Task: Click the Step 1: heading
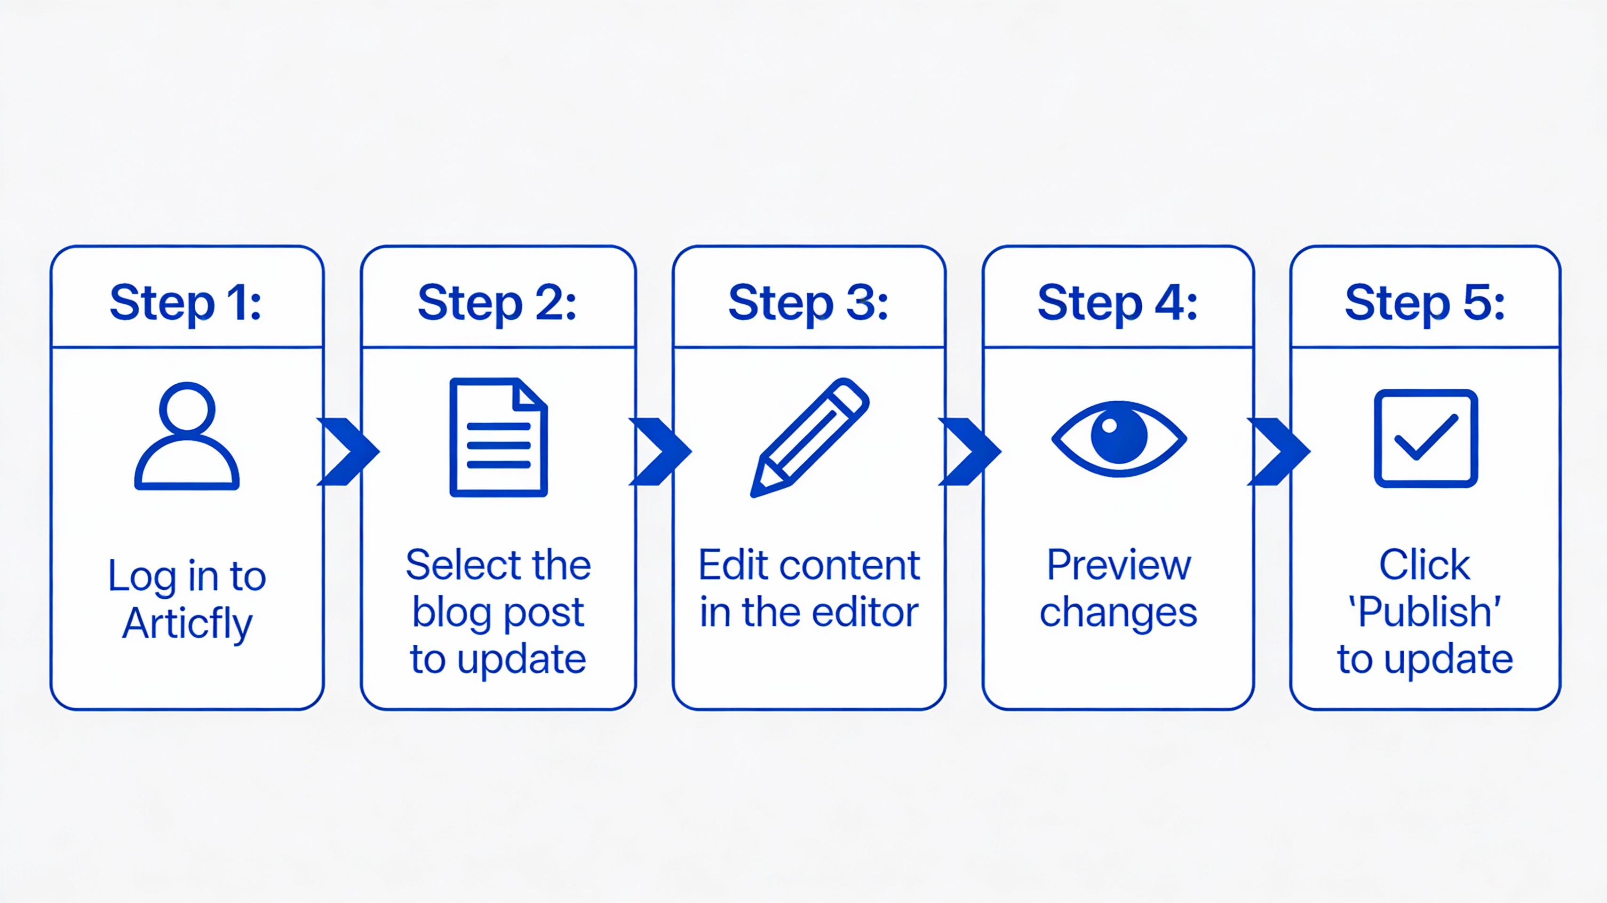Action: (186, 303)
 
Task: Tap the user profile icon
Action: (186, 436)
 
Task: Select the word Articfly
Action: (187, 623)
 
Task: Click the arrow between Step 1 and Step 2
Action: (348, 451)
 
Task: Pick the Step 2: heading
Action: (497, 303)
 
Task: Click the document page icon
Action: (499, 437)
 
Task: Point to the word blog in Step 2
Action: (452, 613)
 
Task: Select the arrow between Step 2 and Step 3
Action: (660, 451)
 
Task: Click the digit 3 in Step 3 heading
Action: (861, 303)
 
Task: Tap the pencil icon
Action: (809, 437)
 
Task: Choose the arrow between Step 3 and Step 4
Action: (970, 451)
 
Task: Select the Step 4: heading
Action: (1117, 303)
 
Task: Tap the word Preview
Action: (1119, 566)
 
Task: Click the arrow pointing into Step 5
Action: (1278, 451)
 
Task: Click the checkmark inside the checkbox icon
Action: (1426, 438)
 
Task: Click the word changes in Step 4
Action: (1119, 613)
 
